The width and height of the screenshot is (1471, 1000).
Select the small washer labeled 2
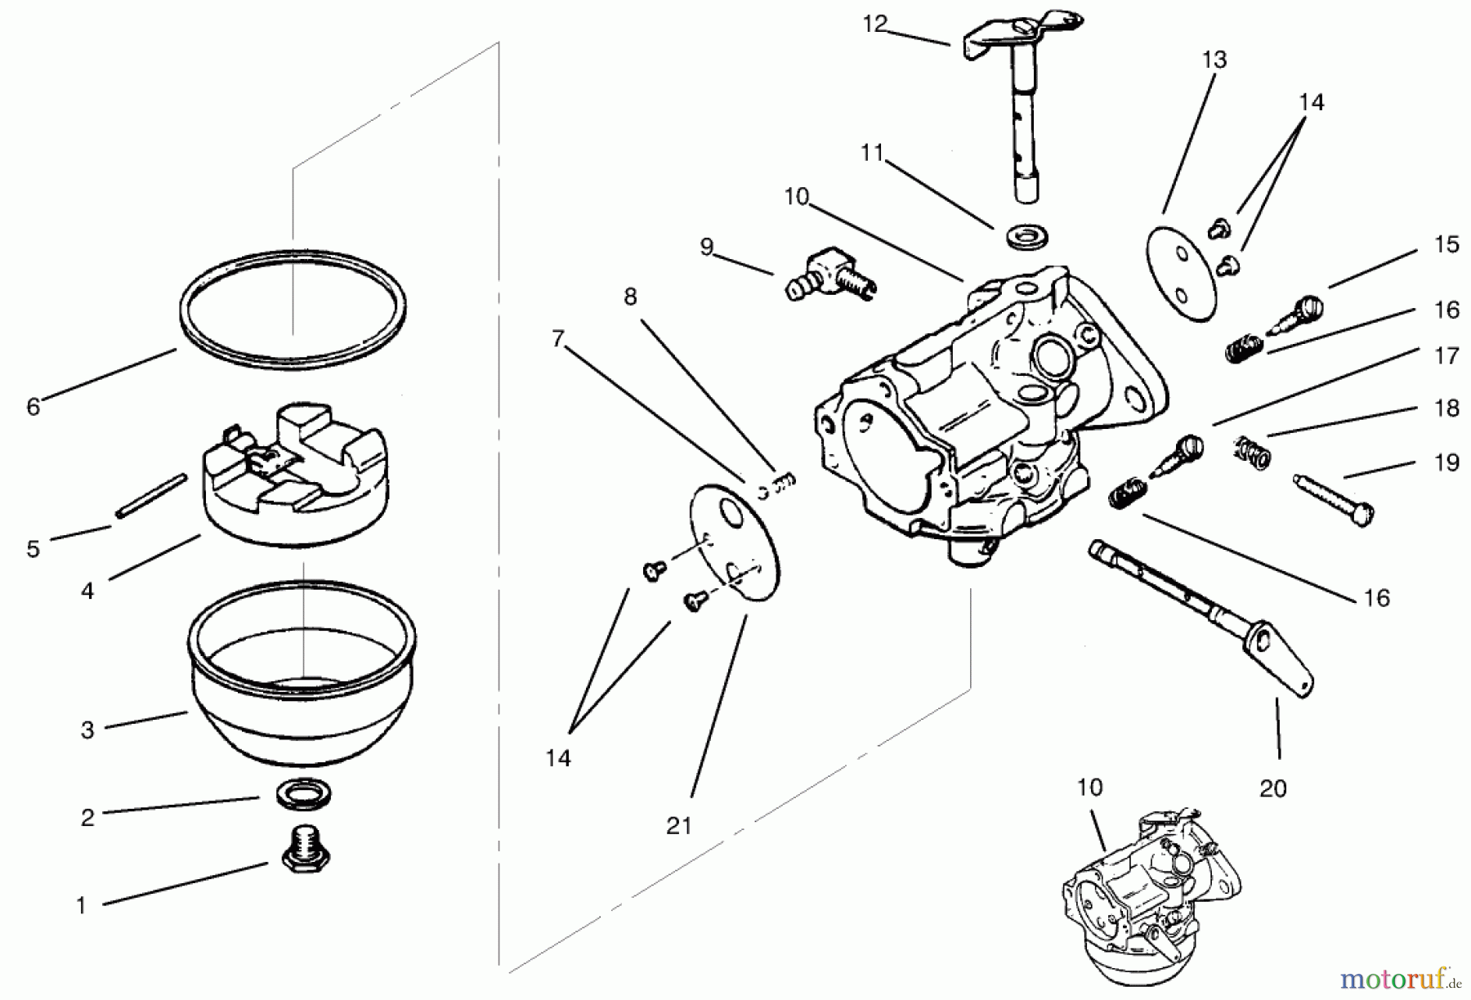pyautogui.click(x=303, y=793)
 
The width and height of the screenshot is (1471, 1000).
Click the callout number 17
pyautogui.click(x=1446, y=356)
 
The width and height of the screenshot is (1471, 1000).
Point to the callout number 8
pyautogui.click(x=629, y=297)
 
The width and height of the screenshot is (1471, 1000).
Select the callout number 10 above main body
pyautogui.click(x=795, y=197)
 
